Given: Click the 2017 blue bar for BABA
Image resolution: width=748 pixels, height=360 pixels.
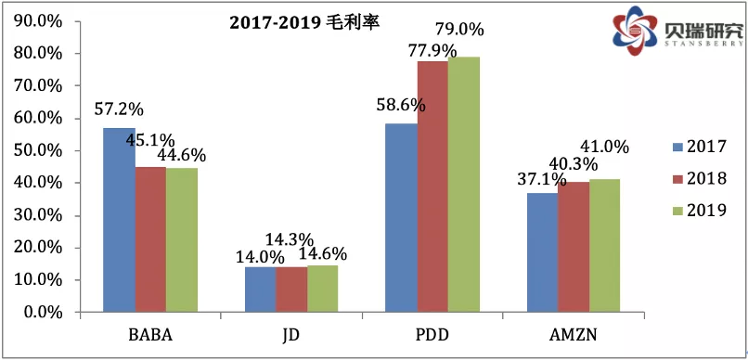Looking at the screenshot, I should (120, 220).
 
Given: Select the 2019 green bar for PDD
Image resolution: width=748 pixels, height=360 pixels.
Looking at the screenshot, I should (463, 185).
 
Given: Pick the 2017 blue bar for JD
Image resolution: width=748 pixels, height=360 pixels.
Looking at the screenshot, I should (261, 289).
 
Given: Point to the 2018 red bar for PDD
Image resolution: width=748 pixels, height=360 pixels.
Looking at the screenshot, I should (432, 186).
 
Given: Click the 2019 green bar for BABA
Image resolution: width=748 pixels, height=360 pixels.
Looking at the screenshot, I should (182, 240).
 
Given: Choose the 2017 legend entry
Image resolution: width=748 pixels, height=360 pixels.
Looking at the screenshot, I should (697, 147).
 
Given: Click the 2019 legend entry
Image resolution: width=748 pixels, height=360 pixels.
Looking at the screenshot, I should (697, 212).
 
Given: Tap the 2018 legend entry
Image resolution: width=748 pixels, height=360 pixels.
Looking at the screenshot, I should (697, 179).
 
